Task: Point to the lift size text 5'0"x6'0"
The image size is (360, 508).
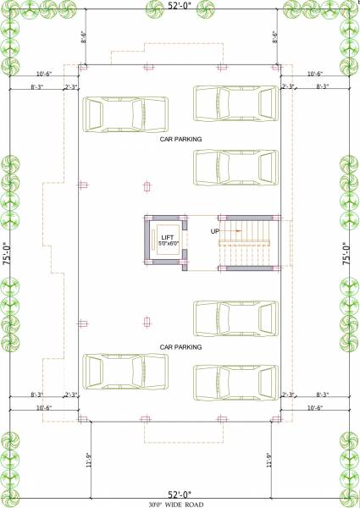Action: (167, 244)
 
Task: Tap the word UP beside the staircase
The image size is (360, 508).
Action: (215, 230)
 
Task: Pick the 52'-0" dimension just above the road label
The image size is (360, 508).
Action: (180, 494)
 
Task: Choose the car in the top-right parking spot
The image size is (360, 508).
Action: (235, 102)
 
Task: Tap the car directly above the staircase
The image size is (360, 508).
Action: (235, 167)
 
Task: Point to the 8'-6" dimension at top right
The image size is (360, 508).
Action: (275, 37)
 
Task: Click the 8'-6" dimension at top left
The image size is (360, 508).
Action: (84, 37)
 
